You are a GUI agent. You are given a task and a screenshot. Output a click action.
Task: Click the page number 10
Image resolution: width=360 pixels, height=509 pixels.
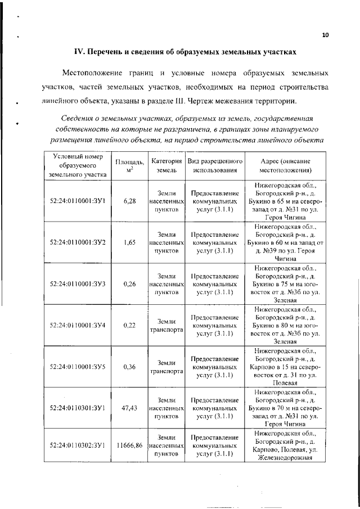325,35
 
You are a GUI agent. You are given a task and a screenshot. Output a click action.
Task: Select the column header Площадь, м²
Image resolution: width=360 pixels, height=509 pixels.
129,165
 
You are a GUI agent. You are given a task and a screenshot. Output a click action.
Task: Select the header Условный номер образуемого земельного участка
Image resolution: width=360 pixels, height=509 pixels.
75,165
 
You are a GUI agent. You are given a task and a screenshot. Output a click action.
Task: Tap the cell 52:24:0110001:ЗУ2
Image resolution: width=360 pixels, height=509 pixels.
75,242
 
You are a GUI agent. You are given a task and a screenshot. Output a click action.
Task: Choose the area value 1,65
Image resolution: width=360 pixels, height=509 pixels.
129,242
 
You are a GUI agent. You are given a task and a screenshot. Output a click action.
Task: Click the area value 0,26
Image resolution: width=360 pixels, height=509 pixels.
129,284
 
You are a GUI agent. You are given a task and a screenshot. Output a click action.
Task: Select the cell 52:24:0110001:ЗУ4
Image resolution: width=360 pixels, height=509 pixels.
75,325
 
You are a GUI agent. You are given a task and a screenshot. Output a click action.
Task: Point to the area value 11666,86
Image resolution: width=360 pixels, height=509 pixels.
129,445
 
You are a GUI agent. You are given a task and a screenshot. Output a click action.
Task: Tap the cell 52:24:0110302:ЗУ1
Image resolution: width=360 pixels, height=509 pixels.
75,445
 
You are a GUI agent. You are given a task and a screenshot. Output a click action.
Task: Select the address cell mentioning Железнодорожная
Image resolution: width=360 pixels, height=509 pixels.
286,445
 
